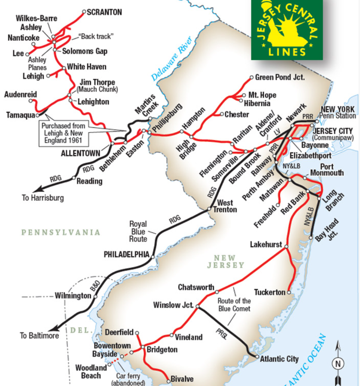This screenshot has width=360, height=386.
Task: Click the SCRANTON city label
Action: coord(104,12)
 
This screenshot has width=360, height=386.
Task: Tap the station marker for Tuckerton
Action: coord(289,292)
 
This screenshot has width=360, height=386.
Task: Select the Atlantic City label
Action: coord(279,359)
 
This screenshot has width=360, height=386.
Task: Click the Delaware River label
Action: coord(172,59)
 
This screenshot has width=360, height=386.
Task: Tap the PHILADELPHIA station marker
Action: coord(153,256)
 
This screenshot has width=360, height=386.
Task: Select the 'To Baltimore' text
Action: coord(39,335)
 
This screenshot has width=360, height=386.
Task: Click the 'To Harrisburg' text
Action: coord(43,198)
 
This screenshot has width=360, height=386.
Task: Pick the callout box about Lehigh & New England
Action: coord(63,133)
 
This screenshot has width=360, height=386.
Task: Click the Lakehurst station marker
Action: coord(286,246)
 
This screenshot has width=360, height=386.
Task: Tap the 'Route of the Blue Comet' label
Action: coord(235,304)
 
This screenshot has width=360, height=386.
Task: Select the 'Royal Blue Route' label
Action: coord(138,231)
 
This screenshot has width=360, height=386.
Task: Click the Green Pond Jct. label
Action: coord(280,77)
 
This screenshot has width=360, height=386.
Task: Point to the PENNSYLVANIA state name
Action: coord(61,232)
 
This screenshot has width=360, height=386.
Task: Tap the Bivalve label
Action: coord(182,379)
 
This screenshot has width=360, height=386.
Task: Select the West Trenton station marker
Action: coord(209,210)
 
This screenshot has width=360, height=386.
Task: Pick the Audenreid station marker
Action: coord(31,101)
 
